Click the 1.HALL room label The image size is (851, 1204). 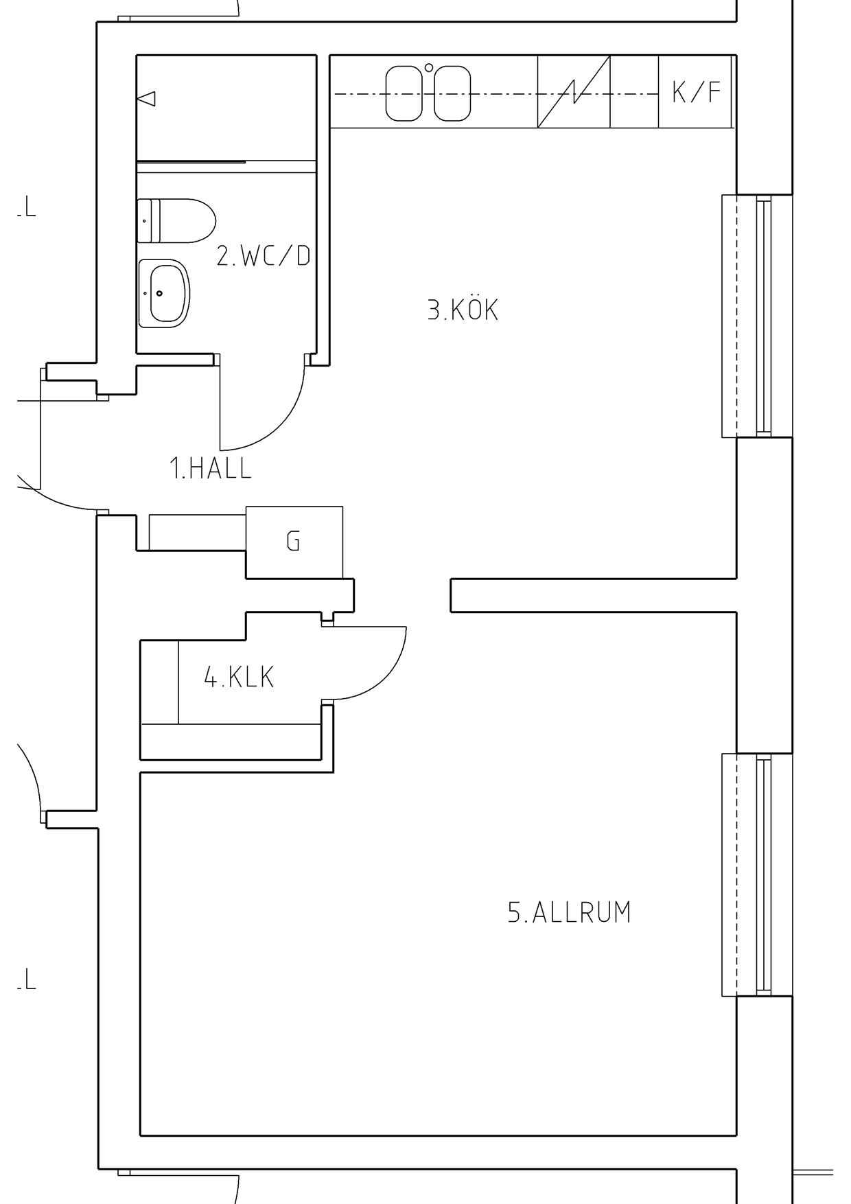coord(211,468)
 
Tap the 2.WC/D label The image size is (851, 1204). coord(264,255)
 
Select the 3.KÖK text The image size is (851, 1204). coord(463,310)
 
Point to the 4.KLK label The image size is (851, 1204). coord(239,678)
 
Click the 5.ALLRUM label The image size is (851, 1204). coord(569,912)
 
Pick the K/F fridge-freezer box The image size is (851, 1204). coord(696,91)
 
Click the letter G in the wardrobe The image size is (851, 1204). coord(293,542)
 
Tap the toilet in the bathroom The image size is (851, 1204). coord(176,220)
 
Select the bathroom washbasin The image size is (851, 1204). coord(164,293)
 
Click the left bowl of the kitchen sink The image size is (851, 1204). coord(404,93)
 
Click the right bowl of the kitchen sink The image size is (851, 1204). coord(452,93)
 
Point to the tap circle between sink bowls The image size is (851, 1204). coord(429,67)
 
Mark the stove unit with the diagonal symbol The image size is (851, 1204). coord(574,91)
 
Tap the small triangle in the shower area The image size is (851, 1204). coord(146,99)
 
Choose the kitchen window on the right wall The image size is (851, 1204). coord(757,316)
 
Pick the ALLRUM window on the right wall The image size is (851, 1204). coord(757,875)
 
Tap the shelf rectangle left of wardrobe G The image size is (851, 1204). coord(198,532)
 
